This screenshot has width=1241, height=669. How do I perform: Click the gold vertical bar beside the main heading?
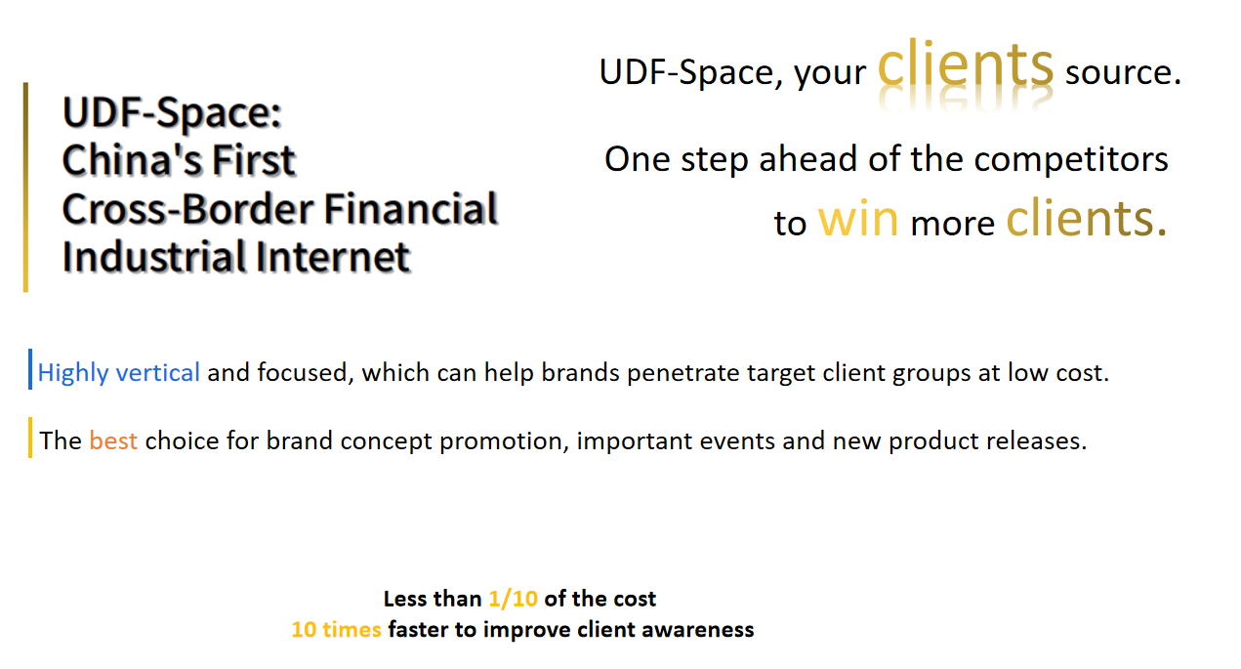tap(25, 187)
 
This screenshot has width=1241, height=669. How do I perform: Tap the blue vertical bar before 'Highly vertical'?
tap(30, 369)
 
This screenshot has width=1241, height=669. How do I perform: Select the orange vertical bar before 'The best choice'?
tap(30, 438)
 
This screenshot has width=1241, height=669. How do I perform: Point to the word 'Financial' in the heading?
tap(410, 209)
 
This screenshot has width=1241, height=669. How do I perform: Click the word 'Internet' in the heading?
tap(332, 257)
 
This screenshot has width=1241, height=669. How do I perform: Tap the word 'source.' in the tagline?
tap(1124, 72)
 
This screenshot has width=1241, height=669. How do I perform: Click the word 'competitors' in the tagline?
tap(1071, 160)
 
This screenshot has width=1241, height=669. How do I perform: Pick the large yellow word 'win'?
tap(857, 220)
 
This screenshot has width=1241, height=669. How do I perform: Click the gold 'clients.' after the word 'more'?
tap(1087, 217)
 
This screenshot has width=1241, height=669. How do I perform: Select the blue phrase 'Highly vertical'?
tap(118, 373)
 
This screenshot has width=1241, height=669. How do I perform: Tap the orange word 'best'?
tap(113, 440)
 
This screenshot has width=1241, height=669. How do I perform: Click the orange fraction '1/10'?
tap(513, 599)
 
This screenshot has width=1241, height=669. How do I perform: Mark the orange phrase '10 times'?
tap(336, 630)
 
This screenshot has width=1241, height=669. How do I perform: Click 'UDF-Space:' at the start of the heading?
tap(172, 113)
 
